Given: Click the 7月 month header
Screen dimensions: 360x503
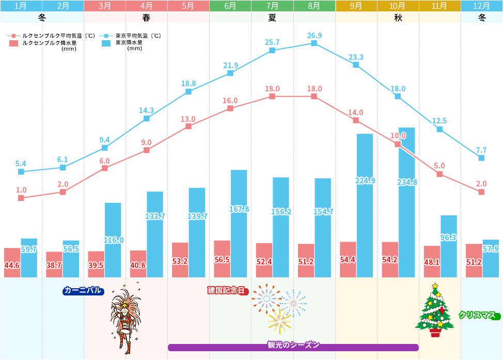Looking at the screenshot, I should click(x=272, y=6).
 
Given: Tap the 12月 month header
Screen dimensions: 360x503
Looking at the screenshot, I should click(x=481, y=6).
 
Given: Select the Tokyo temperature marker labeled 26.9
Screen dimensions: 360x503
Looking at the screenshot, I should click(x=314, y=43).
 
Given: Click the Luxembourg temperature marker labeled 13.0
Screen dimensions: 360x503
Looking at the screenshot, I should click(x=188, y=126).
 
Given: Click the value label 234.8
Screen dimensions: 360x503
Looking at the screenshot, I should click(x=407, y=182).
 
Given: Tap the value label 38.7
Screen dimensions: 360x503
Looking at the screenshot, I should click(x=54, y=266).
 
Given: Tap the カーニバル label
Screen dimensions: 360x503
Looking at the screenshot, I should click(x=83, y=290).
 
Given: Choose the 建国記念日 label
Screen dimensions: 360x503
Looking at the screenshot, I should click(x=227, y=290).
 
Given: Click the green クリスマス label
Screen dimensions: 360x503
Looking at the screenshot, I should click(x=479, y=315).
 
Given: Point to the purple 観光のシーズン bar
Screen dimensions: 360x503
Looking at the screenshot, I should click(x=293, y=347).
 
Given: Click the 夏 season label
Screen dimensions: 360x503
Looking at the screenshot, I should click(x=272, y=17).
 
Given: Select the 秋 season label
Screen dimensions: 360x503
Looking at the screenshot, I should click(x=398, y=17).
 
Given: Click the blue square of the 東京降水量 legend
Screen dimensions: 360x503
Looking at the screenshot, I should click(x=107, y=44).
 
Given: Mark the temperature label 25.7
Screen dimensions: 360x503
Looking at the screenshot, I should click(x=272, y=42).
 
